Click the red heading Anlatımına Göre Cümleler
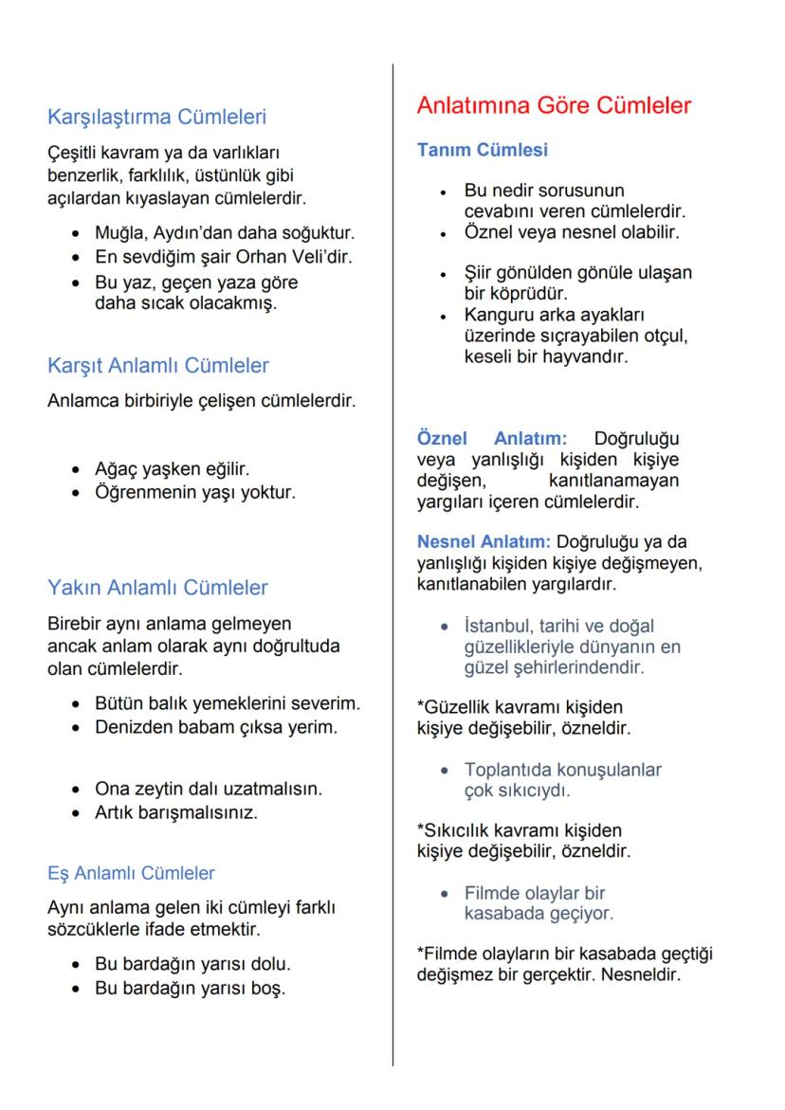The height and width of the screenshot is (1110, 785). point(554,105)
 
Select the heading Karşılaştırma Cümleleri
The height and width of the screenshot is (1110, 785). point(156,118)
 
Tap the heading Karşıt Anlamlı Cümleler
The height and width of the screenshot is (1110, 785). point(158,365)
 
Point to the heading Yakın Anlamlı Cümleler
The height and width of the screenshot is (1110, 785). point(157,588)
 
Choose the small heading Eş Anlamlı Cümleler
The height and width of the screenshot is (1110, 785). point(131,873)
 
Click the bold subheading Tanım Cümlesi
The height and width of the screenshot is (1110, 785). point(482,150)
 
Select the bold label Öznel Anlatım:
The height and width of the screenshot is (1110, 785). point(492,438)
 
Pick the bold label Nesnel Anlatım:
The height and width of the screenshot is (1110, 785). point(484,542)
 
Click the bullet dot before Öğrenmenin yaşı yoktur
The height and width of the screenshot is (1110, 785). point(76,494)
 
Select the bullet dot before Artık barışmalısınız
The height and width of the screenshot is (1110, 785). point(76,813)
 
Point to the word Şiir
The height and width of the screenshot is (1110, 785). point(480,273)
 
